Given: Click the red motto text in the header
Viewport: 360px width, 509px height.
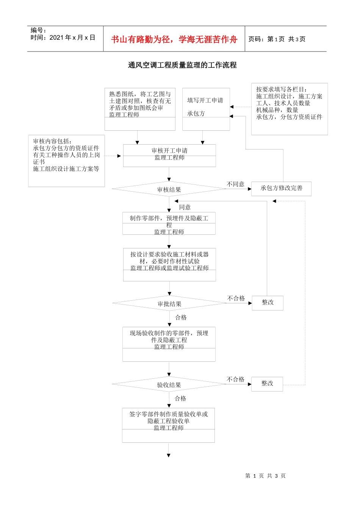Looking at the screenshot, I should pyautogui.click(x=174, y=39).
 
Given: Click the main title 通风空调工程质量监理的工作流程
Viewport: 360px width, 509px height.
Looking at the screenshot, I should pyautogui.click(x=182, y=65).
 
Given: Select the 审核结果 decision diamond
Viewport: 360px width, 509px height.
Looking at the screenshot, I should pyautogui.click(x=169, y=189).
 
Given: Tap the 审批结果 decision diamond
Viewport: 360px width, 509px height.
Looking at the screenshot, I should pyautogui.click(x=169, y=304).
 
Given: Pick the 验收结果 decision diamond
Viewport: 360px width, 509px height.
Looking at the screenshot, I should pyautogui.click(x=169, y=385).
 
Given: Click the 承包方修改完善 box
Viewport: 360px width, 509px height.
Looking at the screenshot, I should pyautogui.click(x=281, y=188).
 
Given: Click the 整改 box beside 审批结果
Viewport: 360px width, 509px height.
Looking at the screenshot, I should pyautogui.click(x=268, y=303).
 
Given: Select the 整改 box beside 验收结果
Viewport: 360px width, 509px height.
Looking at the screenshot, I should pyautogui.click(x=267, y=384).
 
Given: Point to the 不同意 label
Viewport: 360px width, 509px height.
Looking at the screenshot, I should pyautogui.click(x=235, y=184).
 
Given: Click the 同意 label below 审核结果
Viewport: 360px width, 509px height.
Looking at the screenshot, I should pyautogui.click(x=185, y=207).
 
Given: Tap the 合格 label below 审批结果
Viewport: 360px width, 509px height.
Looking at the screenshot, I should pyautogui.click(x=181, y=317).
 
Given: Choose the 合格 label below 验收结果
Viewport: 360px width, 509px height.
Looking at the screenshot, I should pyautogui.click(x=180, y=398).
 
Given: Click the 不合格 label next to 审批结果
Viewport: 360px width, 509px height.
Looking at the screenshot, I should pyautogui.click(x=236, y=298).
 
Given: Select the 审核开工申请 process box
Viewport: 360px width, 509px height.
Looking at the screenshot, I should pyautogui.click(x=169, y=155).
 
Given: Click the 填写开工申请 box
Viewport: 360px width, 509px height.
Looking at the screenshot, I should pyautogui.click(x=206, y=109).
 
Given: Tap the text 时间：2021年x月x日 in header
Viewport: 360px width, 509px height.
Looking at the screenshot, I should pyautogui.click(x=63, y=37).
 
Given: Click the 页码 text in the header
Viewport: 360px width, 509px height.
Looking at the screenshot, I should pyautogui.click(x=277, y=39).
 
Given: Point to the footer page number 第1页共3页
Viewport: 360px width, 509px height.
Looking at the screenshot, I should pyautogui.click(x=265, y=476).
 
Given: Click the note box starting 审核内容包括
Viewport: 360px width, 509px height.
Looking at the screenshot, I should pyautogui.click(x=66, y=161).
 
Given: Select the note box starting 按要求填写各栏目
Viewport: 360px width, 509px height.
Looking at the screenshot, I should pyautogui.click(x=289, y=109).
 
